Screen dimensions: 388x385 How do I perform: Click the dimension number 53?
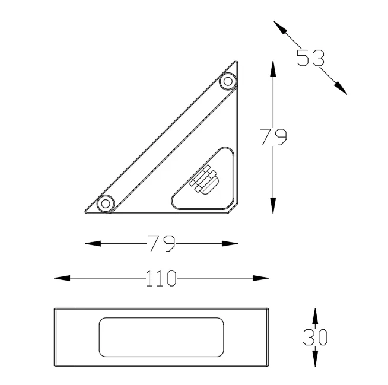click(x=310, y=58)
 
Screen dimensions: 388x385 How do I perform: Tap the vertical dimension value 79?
click(x=273, y=136)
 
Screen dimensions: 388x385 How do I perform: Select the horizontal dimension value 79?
click(x=161, y=243)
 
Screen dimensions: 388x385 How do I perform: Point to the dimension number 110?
click(x=161, y=278)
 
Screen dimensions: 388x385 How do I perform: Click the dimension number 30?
click(x=315, y=337)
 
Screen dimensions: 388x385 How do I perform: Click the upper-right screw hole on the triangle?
click(x=228, y=81)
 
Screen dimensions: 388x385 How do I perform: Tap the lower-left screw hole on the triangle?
click(x=106, y=203)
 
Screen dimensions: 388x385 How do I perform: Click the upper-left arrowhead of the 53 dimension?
click(x=281, y=27)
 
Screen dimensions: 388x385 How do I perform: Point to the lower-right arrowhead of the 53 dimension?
click(x=341, y=88)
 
